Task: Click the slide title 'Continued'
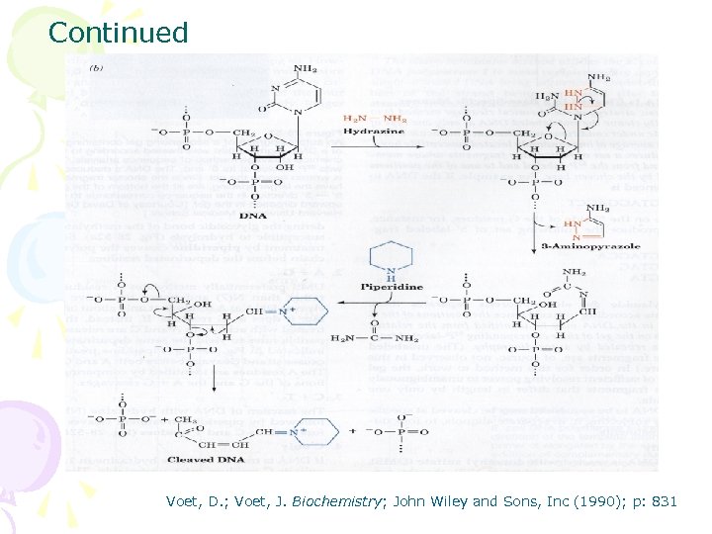click(x=118, y=33)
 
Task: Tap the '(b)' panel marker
click(x=96, y=68)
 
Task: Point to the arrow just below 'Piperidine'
click(x=394, y=299)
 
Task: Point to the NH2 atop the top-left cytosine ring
click(x=307, y=68)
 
